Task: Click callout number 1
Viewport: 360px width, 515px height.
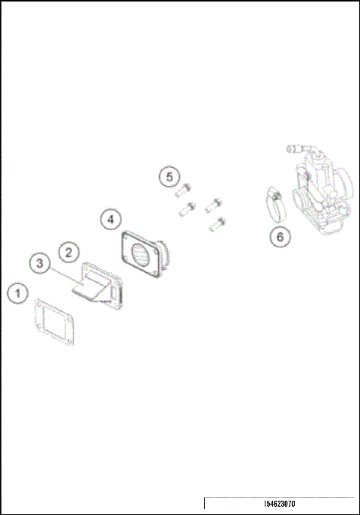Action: click(19, 293)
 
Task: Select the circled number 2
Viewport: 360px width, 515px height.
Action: click(67, 253)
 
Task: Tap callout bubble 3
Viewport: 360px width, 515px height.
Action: click(40, 263)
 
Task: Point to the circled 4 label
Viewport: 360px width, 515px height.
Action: click(110, 220)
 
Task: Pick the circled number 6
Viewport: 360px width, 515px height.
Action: click(280, 237)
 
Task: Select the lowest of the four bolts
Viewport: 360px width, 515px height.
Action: click(218, 223)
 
